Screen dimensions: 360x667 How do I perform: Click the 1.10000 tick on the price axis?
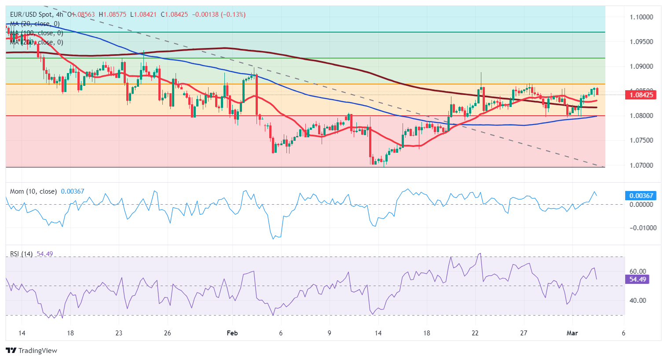pos(641,17)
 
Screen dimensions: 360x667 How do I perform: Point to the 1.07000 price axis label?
pos(641,165)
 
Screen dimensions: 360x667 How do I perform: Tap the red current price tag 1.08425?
pos(641,95)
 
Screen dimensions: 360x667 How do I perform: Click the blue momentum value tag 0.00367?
pos(641,195)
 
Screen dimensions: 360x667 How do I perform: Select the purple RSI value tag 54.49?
pos(638,279)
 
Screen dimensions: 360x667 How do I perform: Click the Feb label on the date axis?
pos(232,333)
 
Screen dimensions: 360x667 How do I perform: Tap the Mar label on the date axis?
pos(572,333)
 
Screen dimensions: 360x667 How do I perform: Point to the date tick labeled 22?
pos(475,333)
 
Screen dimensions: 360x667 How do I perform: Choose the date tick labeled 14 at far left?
pos(22,333)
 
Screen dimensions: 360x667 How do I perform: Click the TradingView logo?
pos(32,350)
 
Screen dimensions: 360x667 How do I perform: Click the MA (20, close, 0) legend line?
pos(35,24)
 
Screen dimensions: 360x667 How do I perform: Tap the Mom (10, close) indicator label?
pos(33,191)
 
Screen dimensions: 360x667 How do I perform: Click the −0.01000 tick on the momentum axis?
pos(643,228)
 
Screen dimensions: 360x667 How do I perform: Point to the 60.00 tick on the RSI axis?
pos(638,272)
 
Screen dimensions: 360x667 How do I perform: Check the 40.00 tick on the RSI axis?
pos(638,301)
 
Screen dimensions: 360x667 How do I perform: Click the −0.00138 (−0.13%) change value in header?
pos(219,15)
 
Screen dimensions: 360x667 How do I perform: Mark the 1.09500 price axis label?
pos(641,42)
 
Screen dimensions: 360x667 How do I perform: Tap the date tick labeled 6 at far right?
pos(623,333)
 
